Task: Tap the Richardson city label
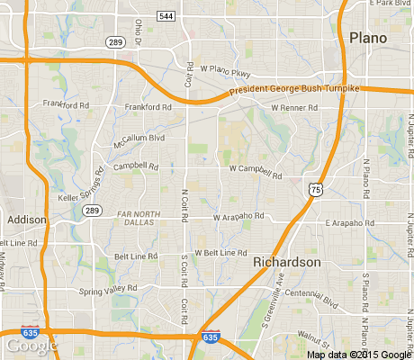click(x=286, y=261)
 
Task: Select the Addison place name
click(x=26, y=219)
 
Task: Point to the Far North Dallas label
click(x=141, y=217)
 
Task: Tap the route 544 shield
click(x=166, y=16)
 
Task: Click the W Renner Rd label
click(x=294, y=108)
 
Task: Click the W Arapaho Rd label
click(x=238, y=216)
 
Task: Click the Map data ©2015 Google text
click(x=357, y=354)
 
